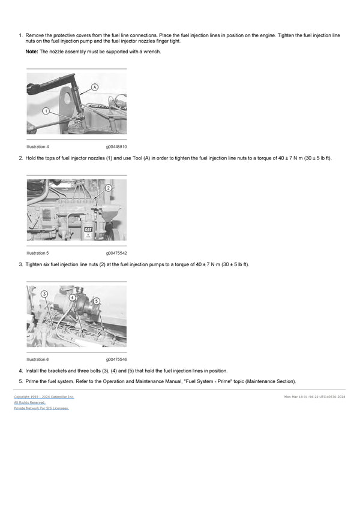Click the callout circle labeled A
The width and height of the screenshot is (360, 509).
click(x=95, y=87)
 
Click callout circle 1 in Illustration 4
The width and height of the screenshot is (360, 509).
click(x=46, y=111)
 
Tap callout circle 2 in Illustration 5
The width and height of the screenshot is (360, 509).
click(x=109, y=188)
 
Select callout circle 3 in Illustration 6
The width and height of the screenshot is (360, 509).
click(x=44, y=294)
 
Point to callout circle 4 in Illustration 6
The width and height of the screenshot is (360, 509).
click(x=73, y=297)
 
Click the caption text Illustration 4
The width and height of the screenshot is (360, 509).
click(x=38, y=147)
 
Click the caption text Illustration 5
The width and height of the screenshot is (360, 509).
click(x=38, y=253)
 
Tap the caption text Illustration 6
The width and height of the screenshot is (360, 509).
click(x=38, y=359)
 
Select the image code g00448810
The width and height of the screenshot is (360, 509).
click(x=116, y=147)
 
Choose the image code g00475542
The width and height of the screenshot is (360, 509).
click(x=116, y=253)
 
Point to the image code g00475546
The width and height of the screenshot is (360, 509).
click(x=116, y=359)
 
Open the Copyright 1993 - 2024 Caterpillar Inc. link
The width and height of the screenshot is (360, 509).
click(x=44, y=396)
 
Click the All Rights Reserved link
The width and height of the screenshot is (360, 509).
click(x=29, y=402)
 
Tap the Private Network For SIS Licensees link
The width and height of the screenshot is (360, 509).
click(x=41, y=408)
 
